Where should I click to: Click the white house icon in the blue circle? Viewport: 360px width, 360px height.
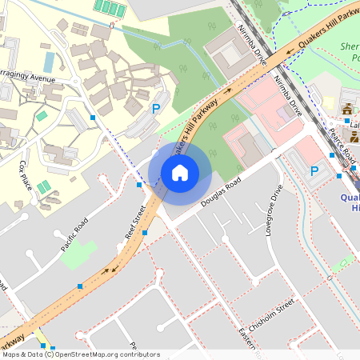[180, 173]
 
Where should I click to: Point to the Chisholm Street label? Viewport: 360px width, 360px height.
[272, 316]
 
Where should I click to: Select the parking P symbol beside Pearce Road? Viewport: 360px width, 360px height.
[315, 171]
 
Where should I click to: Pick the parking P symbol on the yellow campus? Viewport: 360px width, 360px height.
[157, 108]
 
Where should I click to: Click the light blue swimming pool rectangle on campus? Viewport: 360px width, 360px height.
[49, 62]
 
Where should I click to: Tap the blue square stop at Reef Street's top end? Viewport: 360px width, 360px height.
[139, 185]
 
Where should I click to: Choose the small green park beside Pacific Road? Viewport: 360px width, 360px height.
[78, 255]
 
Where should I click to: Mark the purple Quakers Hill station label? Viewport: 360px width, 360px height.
[350, 202]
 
